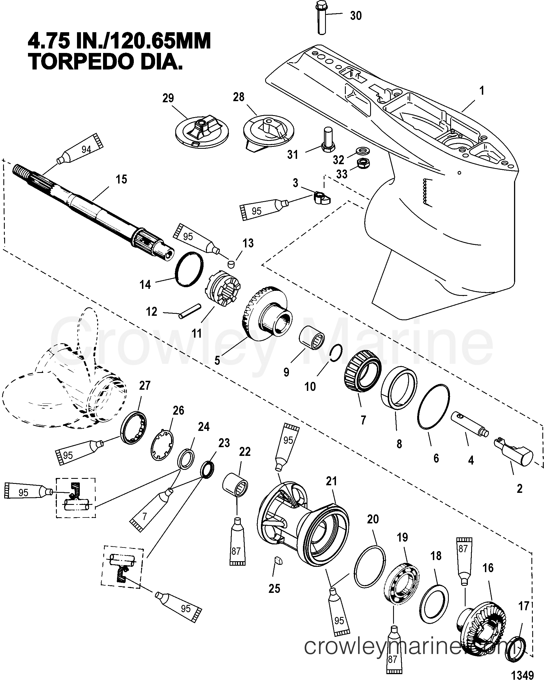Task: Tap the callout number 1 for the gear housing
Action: (482, 91)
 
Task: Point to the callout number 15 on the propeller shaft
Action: (121, 180)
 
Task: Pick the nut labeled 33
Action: (363, 163)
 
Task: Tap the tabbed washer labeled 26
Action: (162, 445)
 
